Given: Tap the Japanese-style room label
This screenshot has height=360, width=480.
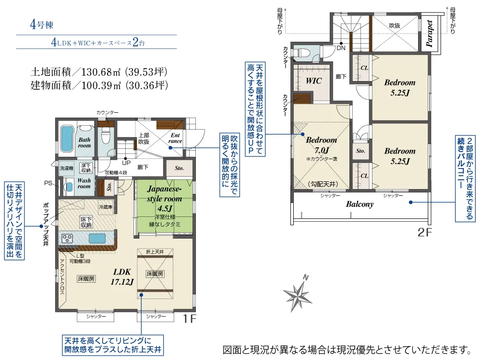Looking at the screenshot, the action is (164, 199).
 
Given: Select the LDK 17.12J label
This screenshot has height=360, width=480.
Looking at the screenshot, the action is (122, 277).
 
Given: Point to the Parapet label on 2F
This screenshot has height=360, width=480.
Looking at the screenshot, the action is (429, 33).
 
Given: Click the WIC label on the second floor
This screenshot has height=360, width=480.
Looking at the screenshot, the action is (313, 81).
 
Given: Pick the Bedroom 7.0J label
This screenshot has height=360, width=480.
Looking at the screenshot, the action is (322, 145).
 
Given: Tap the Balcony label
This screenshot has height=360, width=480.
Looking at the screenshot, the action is (360, 204).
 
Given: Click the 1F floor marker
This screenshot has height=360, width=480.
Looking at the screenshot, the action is (189, 319).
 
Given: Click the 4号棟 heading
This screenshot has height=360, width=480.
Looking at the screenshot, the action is (42, 24).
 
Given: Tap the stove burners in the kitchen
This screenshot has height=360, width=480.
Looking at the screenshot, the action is (67, 238).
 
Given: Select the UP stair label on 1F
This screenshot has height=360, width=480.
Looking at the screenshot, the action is (126, 163).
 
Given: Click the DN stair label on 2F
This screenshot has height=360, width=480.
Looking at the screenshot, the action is (341, 48).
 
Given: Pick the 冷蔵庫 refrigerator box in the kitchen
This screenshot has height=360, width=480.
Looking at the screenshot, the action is (106, 207).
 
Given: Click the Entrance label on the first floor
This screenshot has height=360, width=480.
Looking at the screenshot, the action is (175, 138).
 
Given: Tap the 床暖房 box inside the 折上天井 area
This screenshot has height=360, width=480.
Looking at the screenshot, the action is (155, 274).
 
